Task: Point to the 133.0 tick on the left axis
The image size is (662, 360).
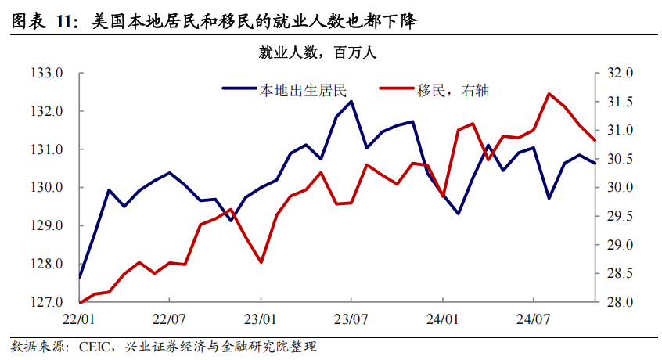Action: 46,74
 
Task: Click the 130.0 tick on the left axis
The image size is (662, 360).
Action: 46,188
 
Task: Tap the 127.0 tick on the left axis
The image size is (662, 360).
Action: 46,302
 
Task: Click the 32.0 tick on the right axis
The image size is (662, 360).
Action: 621,74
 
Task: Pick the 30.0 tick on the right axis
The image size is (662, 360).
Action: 621,188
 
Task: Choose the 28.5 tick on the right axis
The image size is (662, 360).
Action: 621,273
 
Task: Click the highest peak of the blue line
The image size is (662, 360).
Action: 351,101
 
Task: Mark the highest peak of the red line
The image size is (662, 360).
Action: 549,94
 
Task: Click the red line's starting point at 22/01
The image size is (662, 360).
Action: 81,302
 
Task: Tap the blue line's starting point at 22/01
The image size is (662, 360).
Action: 81,277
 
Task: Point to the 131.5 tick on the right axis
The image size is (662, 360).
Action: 621,102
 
